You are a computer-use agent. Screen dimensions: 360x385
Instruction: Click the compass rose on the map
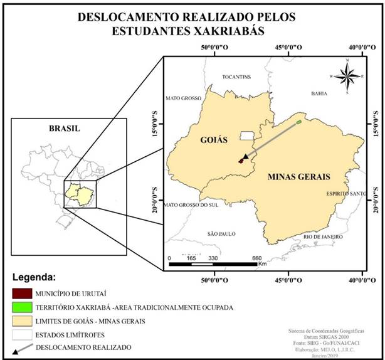point(345,77)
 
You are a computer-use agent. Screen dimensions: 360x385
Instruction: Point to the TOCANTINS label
point(236,77)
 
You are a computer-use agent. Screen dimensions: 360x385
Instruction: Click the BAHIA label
point(319,93)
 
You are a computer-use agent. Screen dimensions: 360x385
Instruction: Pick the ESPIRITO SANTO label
point(342,194)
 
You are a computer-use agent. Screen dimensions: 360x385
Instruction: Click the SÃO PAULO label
point(220,233)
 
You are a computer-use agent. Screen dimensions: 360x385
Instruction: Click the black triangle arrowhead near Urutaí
point(245,156)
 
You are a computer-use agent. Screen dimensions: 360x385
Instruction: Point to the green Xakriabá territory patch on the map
point(299,122)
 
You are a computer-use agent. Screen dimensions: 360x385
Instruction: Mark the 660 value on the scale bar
point(256,258)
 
